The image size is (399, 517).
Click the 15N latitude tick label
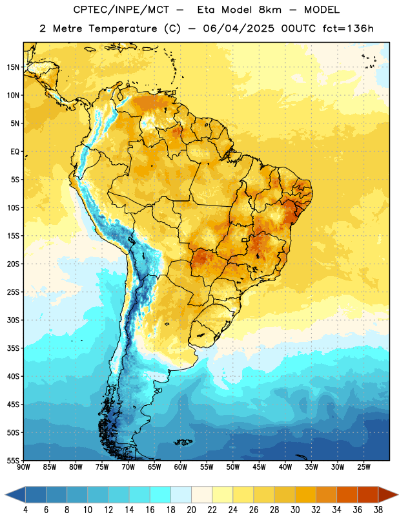click(x=13, y=67)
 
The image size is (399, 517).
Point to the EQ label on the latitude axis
click(x=15, y=152)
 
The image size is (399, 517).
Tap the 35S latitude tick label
click(x=13, y=348)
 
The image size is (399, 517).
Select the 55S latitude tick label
click(x=13, y=460)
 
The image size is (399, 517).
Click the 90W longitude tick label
click(x=23, y=467)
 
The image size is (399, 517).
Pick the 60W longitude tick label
click(x=181, y=467)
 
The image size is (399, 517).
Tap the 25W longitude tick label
click(x=363, y=467)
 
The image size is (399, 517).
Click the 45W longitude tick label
click(x=260, y=467)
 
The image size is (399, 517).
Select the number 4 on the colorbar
click(x=25, y=510)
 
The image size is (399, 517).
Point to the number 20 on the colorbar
click(x=191, y=510)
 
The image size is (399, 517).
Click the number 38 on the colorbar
click(x=378, y=510)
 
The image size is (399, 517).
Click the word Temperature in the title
click(x=123, y=28)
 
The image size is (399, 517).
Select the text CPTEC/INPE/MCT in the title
click(x=121, y=10)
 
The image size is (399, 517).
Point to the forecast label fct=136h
click(x=348, y=28)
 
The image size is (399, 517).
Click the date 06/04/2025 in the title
click(x=238, y=28)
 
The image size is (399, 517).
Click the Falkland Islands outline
click(x=183, y=442)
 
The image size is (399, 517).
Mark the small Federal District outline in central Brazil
click(x=244, y=240)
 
